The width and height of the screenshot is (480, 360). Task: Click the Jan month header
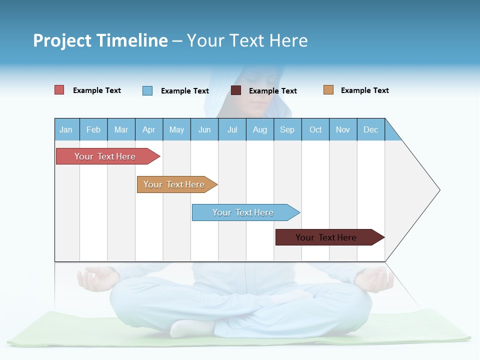pos(66,129)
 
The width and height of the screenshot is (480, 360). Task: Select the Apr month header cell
pos(148,129)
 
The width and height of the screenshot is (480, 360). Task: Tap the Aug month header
pos(259,129)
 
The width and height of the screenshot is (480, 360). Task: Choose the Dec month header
pos(370,129)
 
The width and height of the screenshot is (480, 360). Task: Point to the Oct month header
pos(315,129)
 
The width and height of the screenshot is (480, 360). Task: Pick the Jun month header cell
pos(204,129)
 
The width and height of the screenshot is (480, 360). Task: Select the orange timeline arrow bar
pos(174,184)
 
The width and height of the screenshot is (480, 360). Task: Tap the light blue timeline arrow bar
pos(243,212)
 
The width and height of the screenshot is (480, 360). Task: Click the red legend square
pos(59,90)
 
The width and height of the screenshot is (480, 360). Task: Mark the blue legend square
pos(147,90)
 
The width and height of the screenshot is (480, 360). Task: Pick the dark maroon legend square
pos(236,90)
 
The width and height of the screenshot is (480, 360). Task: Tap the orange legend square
pos(328,90)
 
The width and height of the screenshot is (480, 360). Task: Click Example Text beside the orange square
pos(364,90)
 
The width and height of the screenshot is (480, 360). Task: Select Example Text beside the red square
pos(96,90)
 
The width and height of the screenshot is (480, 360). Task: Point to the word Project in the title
pos(62,40)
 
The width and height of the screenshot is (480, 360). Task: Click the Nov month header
pos(343,129)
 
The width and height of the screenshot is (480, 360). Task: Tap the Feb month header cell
pos(93,129)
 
